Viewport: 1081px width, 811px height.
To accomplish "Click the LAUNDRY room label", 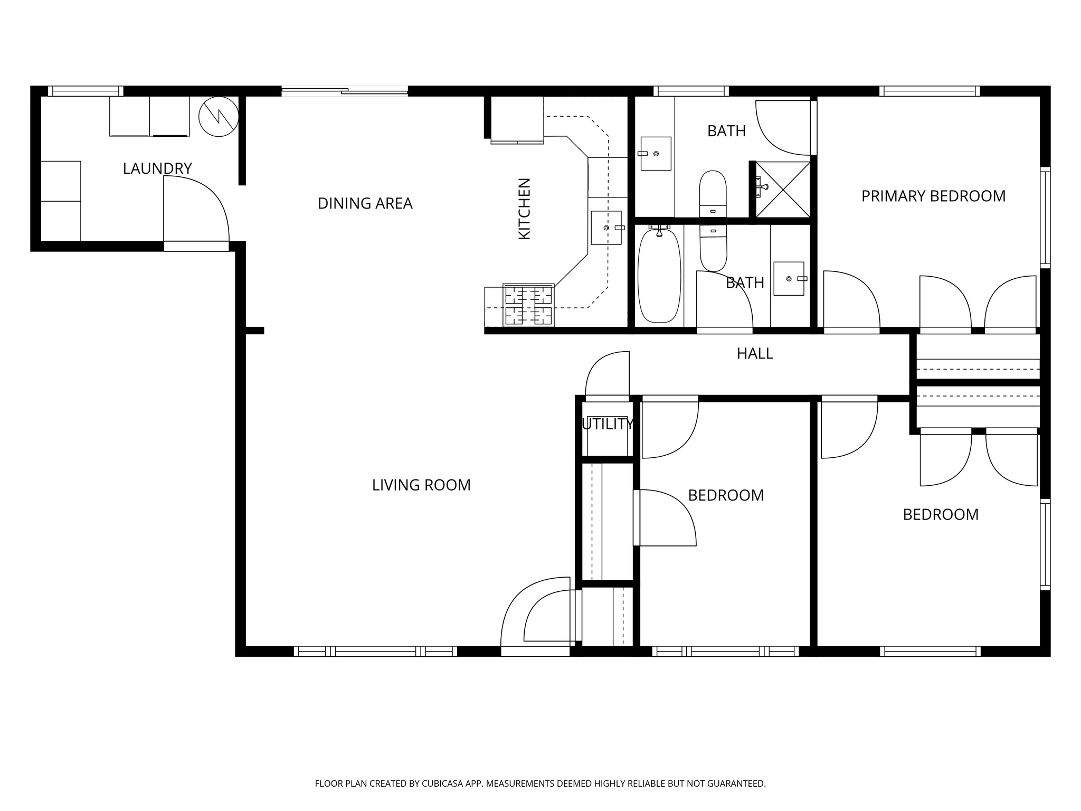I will (x=157, y=169).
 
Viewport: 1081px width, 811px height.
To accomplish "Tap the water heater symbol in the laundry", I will (x=219, y=117).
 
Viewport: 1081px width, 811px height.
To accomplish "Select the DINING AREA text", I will (x=365, y=203).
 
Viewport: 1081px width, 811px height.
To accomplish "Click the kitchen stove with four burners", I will (x=528, y=305).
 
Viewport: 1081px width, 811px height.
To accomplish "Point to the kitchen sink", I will (x=606, y=228).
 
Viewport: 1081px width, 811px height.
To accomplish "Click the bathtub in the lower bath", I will (x=659, y=275).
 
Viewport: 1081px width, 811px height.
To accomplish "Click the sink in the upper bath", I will (x=656, y=154).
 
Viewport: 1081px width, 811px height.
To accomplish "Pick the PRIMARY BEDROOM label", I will (x=933, y=196).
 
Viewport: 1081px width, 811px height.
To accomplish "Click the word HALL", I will (x=755, y=354).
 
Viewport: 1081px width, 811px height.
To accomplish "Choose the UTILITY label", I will (x=608, y=425).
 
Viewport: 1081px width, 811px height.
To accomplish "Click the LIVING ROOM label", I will (x=421, y=485).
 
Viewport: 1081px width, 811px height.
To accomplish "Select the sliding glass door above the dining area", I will (x=345, y=91).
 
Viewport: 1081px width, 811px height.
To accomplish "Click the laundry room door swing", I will (x=196, y=211).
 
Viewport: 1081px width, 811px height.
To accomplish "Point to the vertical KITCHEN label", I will (x=524, y=209).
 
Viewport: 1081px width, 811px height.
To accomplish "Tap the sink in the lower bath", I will (x=789, y=278).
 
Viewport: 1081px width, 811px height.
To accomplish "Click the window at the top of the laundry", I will (x=86, y=91).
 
